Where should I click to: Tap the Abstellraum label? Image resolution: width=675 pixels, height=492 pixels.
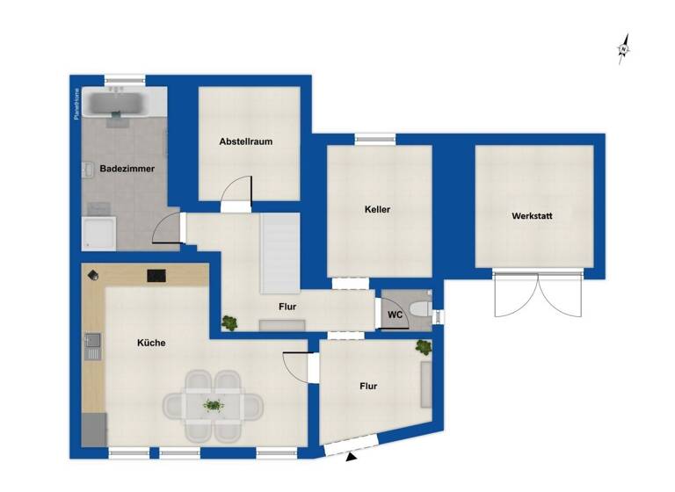tap(245, 141)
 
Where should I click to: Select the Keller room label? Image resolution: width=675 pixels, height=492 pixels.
tap(377, 210)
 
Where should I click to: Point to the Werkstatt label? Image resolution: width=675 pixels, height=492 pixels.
tap(533, 216)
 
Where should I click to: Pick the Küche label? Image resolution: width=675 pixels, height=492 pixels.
tap(151, 343)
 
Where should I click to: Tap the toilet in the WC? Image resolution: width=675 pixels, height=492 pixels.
tap(420, 310)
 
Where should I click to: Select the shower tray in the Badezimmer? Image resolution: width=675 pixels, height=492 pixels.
tap(98, 234)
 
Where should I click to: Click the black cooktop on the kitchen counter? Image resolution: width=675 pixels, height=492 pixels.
tap(156, 275)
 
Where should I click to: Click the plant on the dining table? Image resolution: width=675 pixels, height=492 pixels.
tap(213, 405)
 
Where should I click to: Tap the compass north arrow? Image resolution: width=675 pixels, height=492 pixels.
tap(624, 48)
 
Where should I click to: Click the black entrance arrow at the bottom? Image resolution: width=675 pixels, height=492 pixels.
tap(352, 457)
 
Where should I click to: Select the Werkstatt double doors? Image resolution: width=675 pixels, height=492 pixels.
tap(539, 294)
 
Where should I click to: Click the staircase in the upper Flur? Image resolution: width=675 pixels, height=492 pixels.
tap(280, 256)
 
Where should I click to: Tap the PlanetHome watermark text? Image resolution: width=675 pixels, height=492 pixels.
tap(76, 104)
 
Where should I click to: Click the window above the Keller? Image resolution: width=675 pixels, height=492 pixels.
tap(374, 138)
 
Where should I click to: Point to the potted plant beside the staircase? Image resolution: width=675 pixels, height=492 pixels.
tap(230, 322)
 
